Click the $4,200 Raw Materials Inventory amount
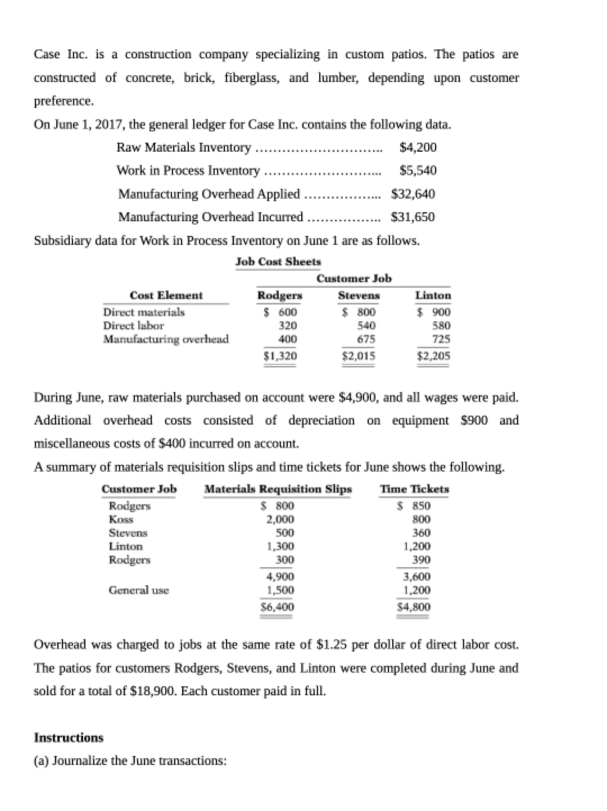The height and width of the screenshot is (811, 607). [x=418, y=147]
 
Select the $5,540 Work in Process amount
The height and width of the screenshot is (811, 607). [x=418, y=170]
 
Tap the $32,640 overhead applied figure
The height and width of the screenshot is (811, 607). [x=413, y=194]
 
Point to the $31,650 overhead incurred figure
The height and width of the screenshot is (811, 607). [x=413, y=217]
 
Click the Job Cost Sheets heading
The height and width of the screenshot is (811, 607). [x=278, y=262]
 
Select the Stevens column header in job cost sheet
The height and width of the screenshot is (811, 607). [x=359, y=295]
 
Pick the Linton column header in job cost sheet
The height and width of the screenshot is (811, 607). [x=433, y=295]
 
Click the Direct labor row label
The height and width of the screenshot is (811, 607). [x=133, y=325]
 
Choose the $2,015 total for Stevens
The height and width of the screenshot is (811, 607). [x=359, y=356]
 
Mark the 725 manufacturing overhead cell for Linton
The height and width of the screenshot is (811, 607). [x=441, y=339]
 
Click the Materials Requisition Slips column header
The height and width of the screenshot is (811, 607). [x=278, y=489]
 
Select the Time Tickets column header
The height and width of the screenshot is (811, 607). [x=415, y=489]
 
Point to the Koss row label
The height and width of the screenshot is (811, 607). [x=121, y=519]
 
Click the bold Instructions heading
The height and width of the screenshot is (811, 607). [x=69, y=737]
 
